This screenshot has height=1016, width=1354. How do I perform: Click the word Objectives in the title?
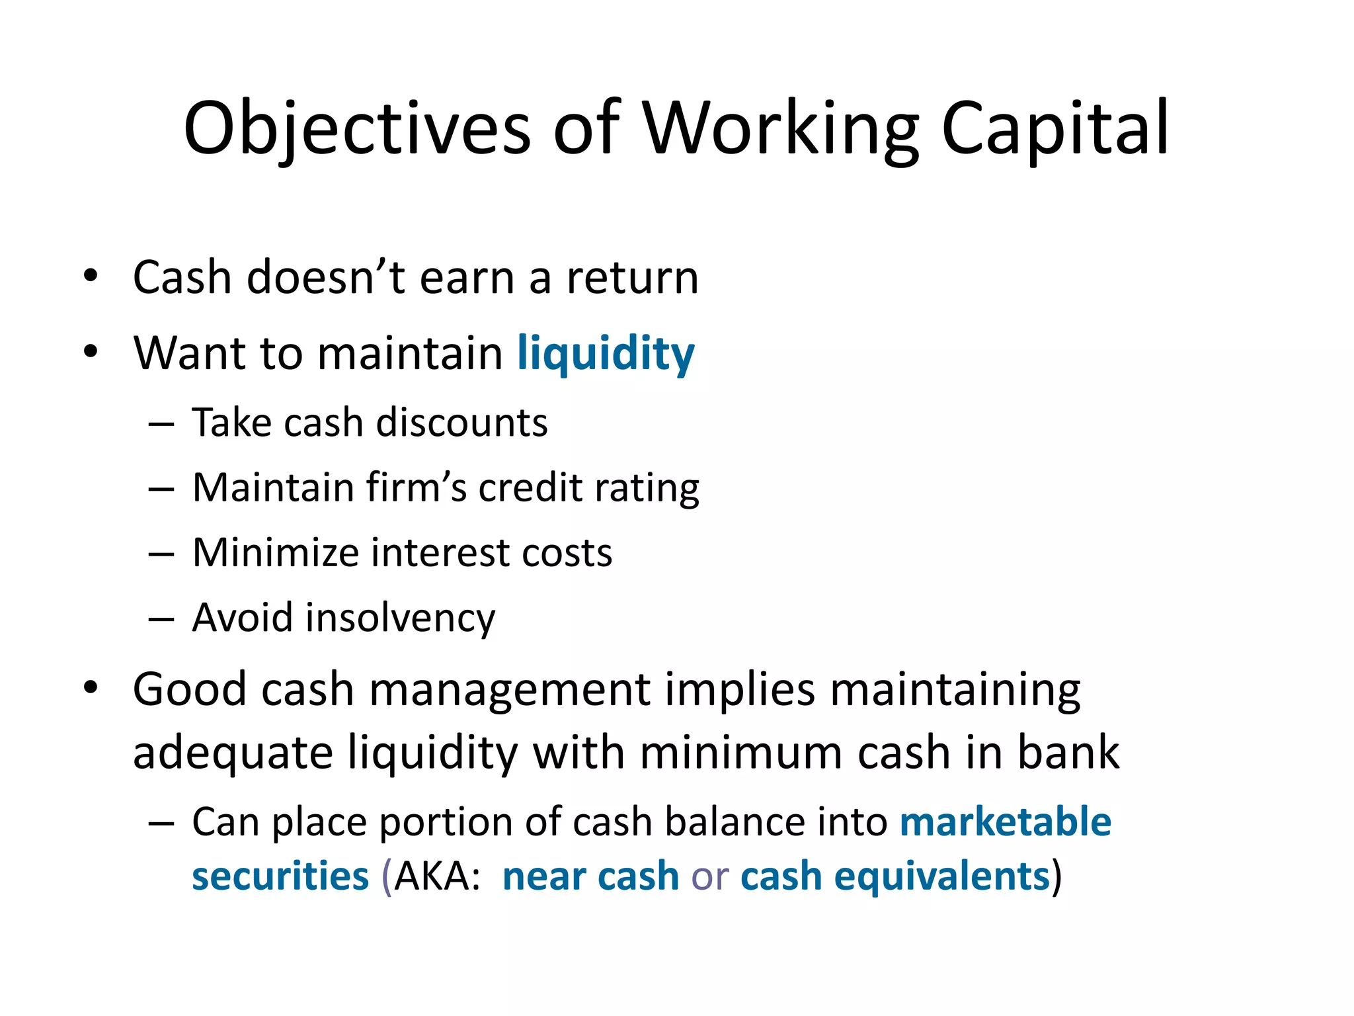(357, 129)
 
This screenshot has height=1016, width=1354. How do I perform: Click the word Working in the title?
(780, 129)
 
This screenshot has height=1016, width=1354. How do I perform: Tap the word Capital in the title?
(1055, 129)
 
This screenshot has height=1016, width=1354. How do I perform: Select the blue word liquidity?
(606, 354)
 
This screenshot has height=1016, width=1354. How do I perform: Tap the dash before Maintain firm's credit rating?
(161, 489)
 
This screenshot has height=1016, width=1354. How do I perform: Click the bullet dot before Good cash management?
(91, 688)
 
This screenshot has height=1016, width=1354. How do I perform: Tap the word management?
(509, 691)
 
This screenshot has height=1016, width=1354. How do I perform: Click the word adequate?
(233, 754)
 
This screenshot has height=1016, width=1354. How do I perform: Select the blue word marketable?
(1005, 822)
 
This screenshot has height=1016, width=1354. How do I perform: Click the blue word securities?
(280, 876)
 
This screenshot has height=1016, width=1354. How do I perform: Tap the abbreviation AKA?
(436, 876)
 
